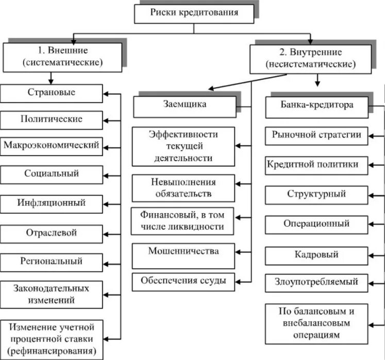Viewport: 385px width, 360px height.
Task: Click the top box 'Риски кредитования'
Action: [194, 13]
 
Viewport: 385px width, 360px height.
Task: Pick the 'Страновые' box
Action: [51, 93]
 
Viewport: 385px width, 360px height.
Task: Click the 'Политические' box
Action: [51, 119]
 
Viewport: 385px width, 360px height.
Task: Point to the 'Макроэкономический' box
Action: [51, 146]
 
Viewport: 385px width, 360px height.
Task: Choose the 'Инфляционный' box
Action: [51, 203]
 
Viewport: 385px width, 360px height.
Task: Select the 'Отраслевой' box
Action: [51, 233]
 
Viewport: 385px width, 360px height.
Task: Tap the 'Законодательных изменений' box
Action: [51, 294]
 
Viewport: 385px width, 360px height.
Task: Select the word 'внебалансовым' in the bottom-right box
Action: [316, 323]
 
